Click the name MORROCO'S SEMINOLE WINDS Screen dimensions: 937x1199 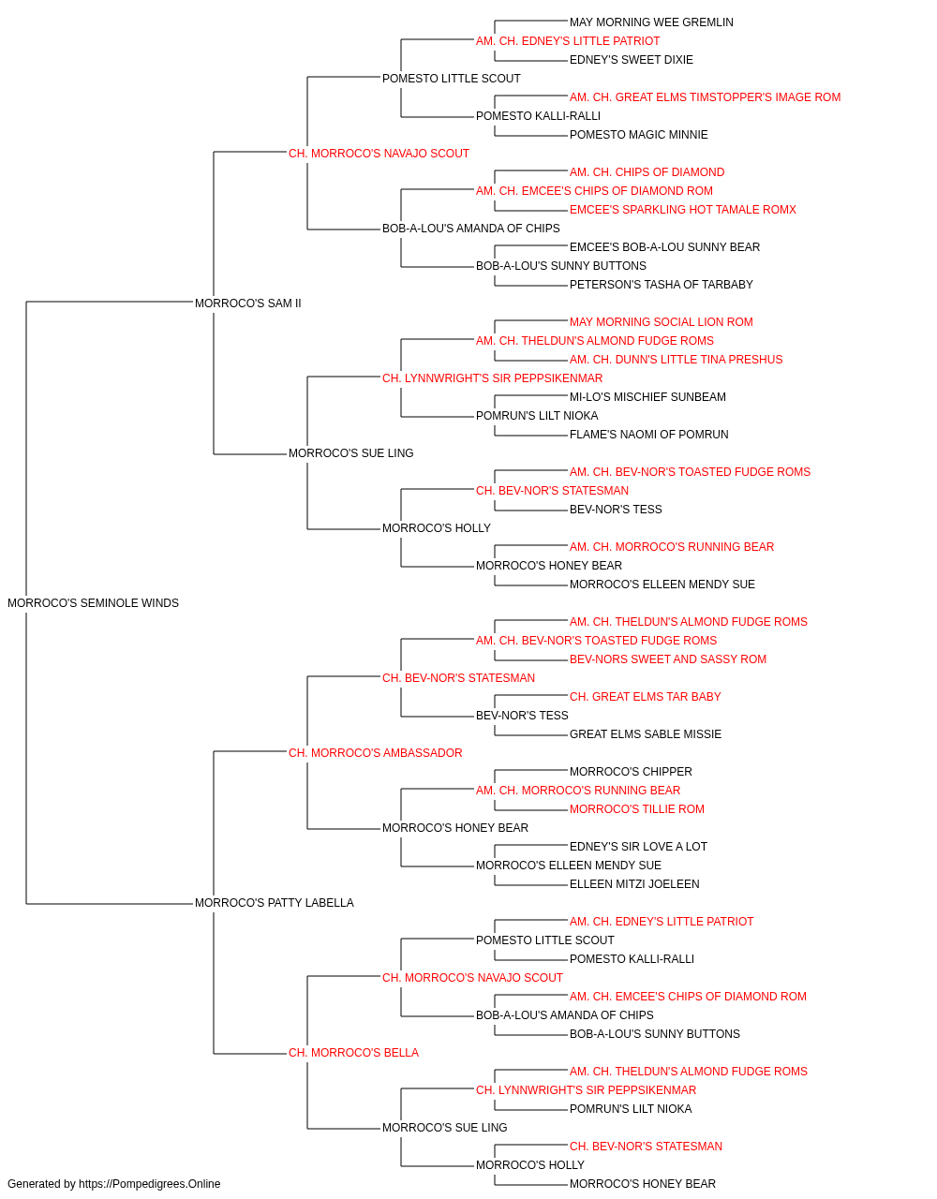[x=94, y=603]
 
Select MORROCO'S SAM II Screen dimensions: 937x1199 [x=247, y=303]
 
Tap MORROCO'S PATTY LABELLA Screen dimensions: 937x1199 [x=275, y=903]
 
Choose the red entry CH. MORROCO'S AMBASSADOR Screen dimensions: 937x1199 [x=375, y=752]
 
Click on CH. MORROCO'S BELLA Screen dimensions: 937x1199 [x=354, y=1053]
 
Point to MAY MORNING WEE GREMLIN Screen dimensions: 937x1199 [x=651, y=22]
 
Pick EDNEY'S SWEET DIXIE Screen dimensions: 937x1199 [x=632, y=60]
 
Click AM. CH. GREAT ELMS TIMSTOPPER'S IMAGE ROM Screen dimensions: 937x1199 [x=706, y=97]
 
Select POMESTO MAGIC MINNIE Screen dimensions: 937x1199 [x=638, y=135]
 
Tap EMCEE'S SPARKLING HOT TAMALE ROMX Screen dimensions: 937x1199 [x=683, y=210]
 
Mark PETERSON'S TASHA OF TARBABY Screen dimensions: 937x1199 [x=662, y=285]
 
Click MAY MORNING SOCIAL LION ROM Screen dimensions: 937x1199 [x=662, y=322]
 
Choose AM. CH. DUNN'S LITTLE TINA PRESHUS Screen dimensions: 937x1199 [x=676, y=360]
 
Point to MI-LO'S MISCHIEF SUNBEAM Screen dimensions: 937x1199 [x=647, y=397]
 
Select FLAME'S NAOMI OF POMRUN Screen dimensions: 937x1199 [x=649, y=435]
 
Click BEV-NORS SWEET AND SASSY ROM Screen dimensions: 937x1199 [x=668, y=659]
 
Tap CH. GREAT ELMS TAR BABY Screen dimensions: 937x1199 [x=645, y=697]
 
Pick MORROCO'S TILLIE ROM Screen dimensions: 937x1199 [x=637, y=809]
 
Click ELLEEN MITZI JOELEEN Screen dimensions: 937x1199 [x=634, y=884]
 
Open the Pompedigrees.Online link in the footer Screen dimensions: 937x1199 [x=150, y=1184]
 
